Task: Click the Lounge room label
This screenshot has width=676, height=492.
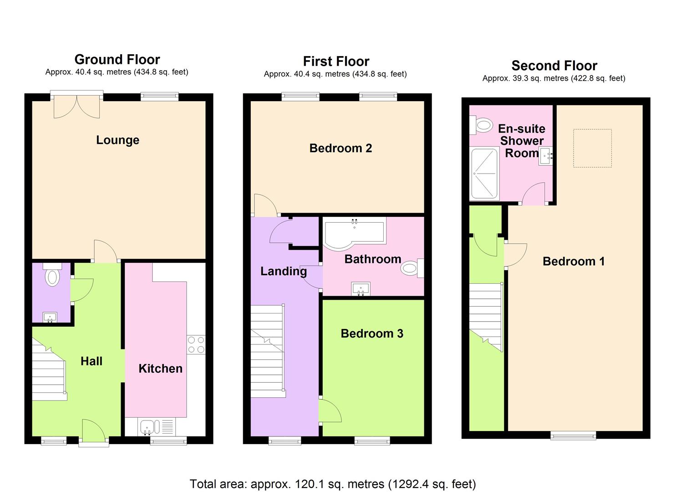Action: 117,140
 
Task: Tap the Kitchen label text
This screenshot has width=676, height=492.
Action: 160,369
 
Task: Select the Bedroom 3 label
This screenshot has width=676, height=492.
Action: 372,334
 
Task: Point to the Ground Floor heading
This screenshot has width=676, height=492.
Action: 117,60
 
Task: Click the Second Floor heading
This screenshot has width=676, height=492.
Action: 554,66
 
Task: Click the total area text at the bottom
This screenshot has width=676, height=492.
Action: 333,484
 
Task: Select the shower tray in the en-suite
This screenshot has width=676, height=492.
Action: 484,174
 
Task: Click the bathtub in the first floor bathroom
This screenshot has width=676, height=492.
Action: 354,234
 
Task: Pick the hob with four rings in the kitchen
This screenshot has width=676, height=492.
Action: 196,344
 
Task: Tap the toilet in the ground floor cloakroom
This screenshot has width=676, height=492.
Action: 52,274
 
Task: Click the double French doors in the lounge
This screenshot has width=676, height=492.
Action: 76,106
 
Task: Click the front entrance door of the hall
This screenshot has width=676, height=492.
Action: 93,430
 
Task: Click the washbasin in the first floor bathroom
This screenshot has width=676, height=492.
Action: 361,288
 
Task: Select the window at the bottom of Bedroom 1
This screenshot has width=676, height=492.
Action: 573,435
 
